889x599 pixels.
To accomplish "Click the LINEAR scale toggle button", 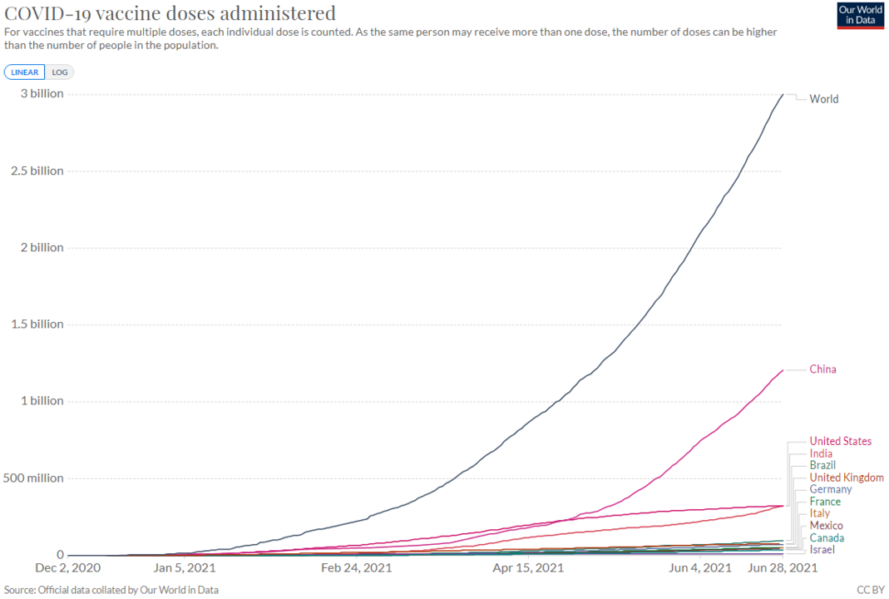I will [x=25, y=72].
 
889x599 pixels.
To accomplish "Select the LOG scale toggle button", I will [x=60, y=72].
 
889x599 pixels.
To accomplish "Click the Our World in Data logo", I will [x=859, y=15].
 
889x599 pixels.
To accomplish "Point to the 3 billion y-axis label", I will [x=42, y=94].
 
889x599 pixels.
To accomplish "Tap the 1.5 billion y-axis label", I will [x=37, y=324].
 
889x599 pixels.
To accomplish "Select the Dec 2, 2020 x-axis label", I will [x=69, y=568].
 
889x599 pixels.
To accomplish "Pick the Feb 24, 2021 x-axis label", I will [x=357, y=568].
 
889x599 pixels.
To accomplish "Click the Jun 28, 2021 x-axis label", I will [x=783, y=568].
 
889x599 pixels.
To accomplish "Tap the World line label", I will [x=824, y=99].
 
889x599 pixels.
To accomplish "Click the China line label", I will [x=823, y=369].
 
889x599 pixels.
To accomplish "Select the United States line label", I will [x=841, y=442].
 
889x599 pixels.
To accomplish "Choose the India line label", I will [x=821, y=454].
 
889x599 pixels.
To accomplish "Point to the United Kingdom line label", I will [x=847, y=478].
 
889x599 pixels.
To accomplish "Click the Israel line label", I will [x=822, y=550].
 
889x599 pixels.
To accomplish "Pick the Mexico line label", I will [x=826, y=526].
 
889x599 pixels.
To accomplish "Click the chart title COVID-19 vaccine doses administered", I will [x=170, y=13].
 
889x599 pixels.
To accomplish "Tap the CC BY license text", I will [x=870, y=590].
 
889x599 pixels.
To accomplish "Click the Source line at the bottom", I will [x=111, y=590].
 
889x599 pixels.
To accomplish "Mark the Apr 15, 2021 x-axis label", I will [x=528, y=568].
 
